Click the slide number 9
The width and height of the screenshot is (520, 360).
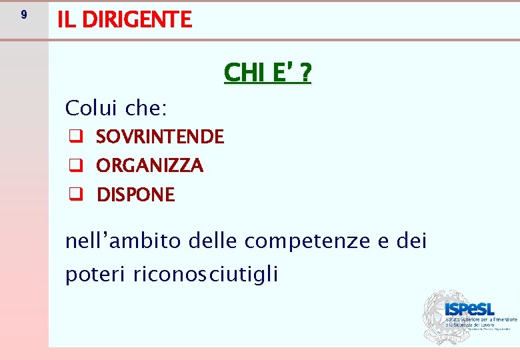pyautogui.click(x=24, y=15)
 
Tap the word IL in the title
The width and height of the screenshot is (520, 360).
pyautogui.click(x=65, y=19)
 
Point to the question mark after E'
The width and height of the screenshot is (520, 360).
pyautogui.click(x=305, y=72)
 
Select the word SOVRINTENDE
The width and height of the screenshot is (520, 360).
pyautogui.click(x=160, y=137)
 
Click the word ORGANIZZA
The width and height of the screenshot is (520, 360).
pyautogui.click(x=150, y=165)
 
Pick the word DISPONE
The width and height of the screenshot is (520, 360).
pyautogui.click(x=136, y=195)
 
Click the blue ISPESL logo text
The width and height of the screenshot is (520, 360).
pyautogui.click(x=469, y=309)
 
